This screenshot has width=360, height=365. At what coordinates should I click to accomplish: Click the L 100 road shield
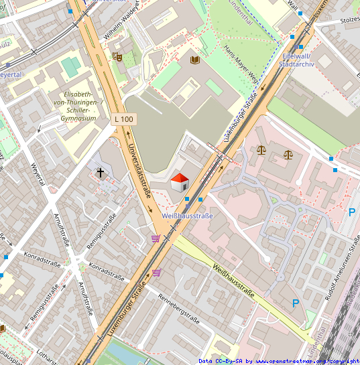click(x=124, y=119)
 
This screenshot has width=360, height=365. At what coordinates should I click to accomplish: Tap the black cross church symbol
click(x=101, y=173)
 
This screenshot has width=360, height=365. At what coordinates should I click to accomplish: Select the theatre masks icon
click(x=117, y=57)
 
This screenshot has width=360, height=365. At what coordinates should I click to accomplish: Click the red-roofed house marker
click(x=180, y=182)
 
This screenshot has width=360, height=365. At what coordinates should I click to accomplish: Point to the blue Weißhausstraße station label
click(x=188, y=216)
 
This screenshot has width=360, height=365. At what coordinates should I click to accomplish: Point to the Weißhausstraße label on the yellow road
click(x=233, y=282)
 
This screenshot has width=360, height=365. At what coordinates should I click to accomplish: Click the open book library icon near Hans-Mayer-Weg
click(x=195, y=60)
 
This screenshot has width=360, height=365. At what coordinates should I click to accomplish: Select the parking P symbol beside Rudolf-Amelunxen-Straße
click(x=296, y=303)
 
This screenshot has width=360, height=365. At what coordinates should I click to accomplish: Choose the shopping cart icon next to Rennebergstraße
click(x=156, y=272)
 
